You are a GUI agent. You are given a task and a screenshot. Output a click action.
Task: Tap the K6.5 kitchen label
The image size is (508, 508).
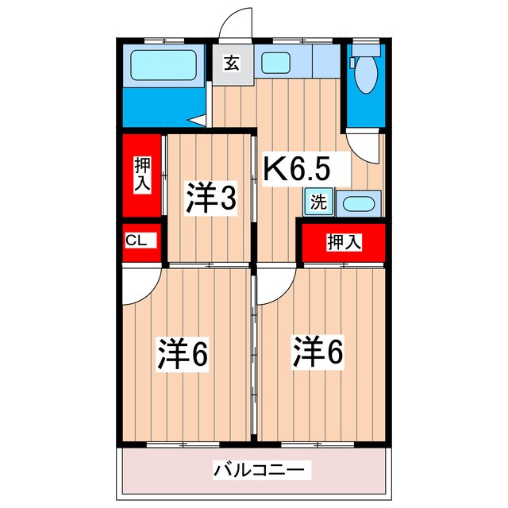pos(295,168)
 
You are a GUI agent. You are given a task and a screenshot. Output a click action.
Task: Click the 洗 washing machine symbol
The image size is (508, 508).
pos(317,202)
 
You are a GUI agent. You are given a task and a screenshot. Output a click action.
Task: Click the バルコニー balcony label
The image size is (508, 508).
pos(258,471)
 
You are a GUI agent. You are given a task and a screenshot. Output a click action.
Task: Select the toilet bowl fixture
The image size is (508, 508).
pos(366,79)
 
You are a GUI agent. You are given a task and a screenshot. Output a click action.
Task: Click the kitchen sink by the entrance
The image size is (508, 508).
pos(277,62)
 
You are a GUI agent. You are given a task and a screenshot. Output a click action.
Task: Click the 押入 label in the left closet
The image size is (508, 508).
pos(142,174)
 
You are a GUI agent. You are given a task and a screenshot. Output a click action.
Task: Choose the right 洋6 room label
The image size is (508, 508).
pos(320,352)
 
